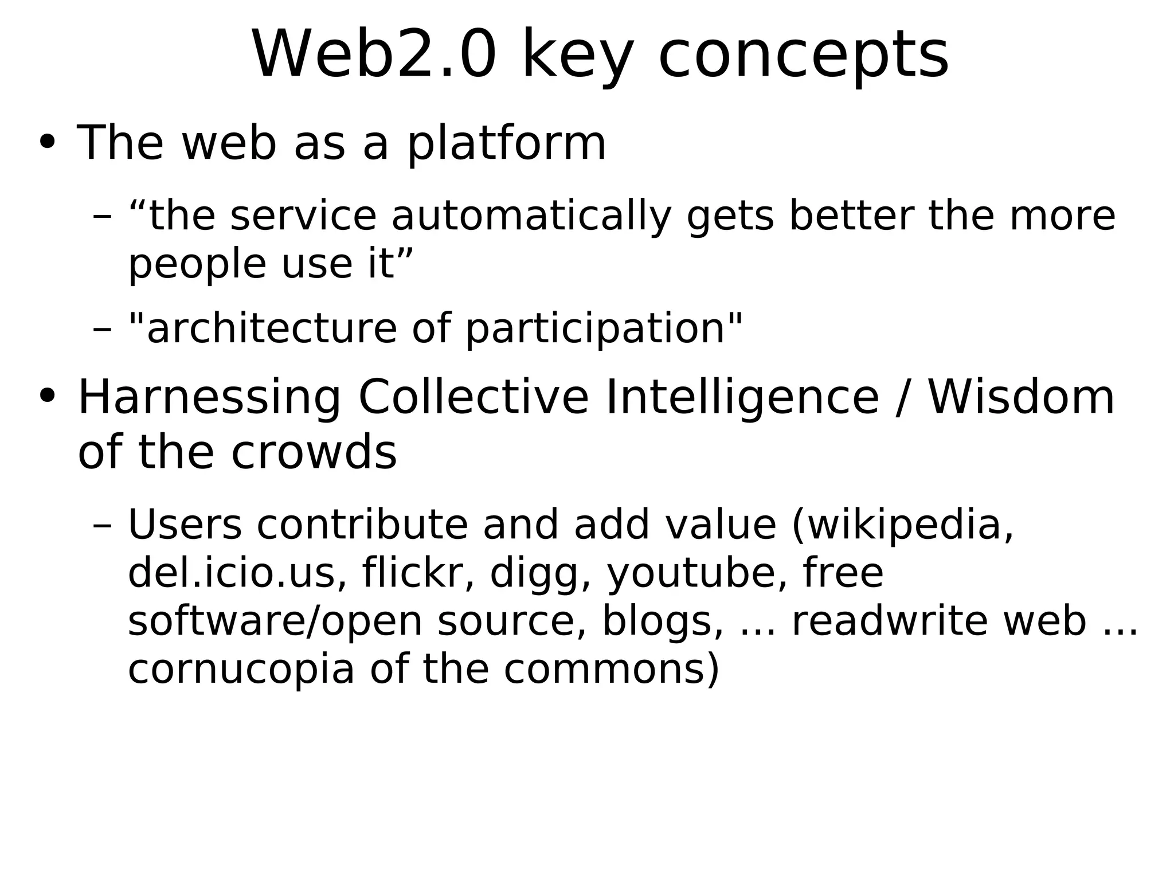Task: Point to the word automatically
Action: pyautogui.click(x=531, y=217)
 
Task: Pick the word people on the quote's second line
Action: pyautogui.click(x=197, y=265)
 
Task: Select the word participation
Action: pyautogui.click(x=596, y=329)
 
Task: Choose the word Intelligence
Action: pyautogui.click(x=742, y=398)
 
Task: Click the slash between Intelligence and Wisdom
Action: pyautogui.click(x=903, y=398)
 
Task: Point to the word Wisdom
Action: pyautogui.click(x=1021, y=397)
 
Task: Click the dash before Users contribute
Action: pyautogui.click(x=102, y=526)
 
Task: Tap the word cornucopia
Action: pyautogui.click(x=241, y=670)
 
